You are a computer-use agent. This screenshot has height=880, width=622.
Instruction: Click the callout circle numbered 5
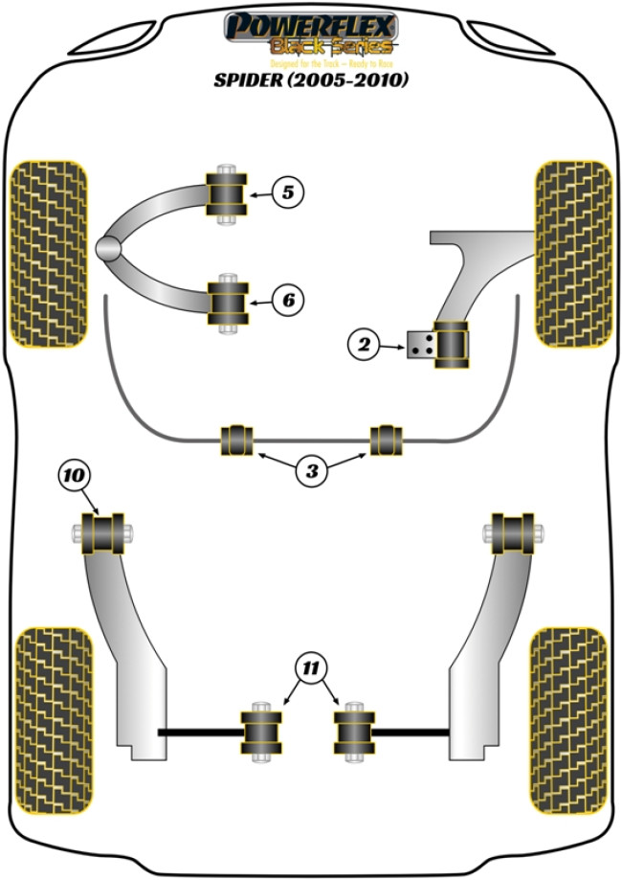(288, 192)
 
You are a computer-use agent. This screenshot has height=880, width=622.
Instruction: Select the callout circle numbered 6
(288, 301)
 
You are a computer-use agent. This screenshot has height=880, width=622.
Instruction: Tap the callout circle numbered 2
(365, 345)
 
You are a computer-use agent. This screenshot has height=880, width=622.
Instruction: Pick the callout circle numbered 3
(310, 469)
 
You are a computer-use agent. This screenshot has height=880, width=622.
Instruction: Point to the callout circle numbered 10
(76, 473)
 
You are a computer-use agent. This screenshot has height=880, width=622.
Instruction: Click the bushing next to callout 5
(228, 192)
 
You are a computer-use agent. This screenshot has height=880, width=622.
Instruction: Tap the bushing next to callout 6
(228, 301)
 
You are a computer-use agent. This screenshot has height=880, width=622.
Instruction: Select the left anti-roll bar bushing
(236, 440)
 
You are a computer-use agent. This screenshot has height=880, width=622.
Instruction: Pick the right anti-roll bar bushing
(386, 440)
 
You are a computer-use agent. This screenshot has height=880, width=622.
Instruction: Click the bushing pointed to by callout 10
(105, 533)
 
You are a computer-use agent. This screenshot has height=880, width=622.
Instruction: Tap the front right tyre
(572, 253)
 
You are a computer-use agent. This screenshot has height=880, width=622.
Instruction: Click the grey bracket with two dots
(418, 345)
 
